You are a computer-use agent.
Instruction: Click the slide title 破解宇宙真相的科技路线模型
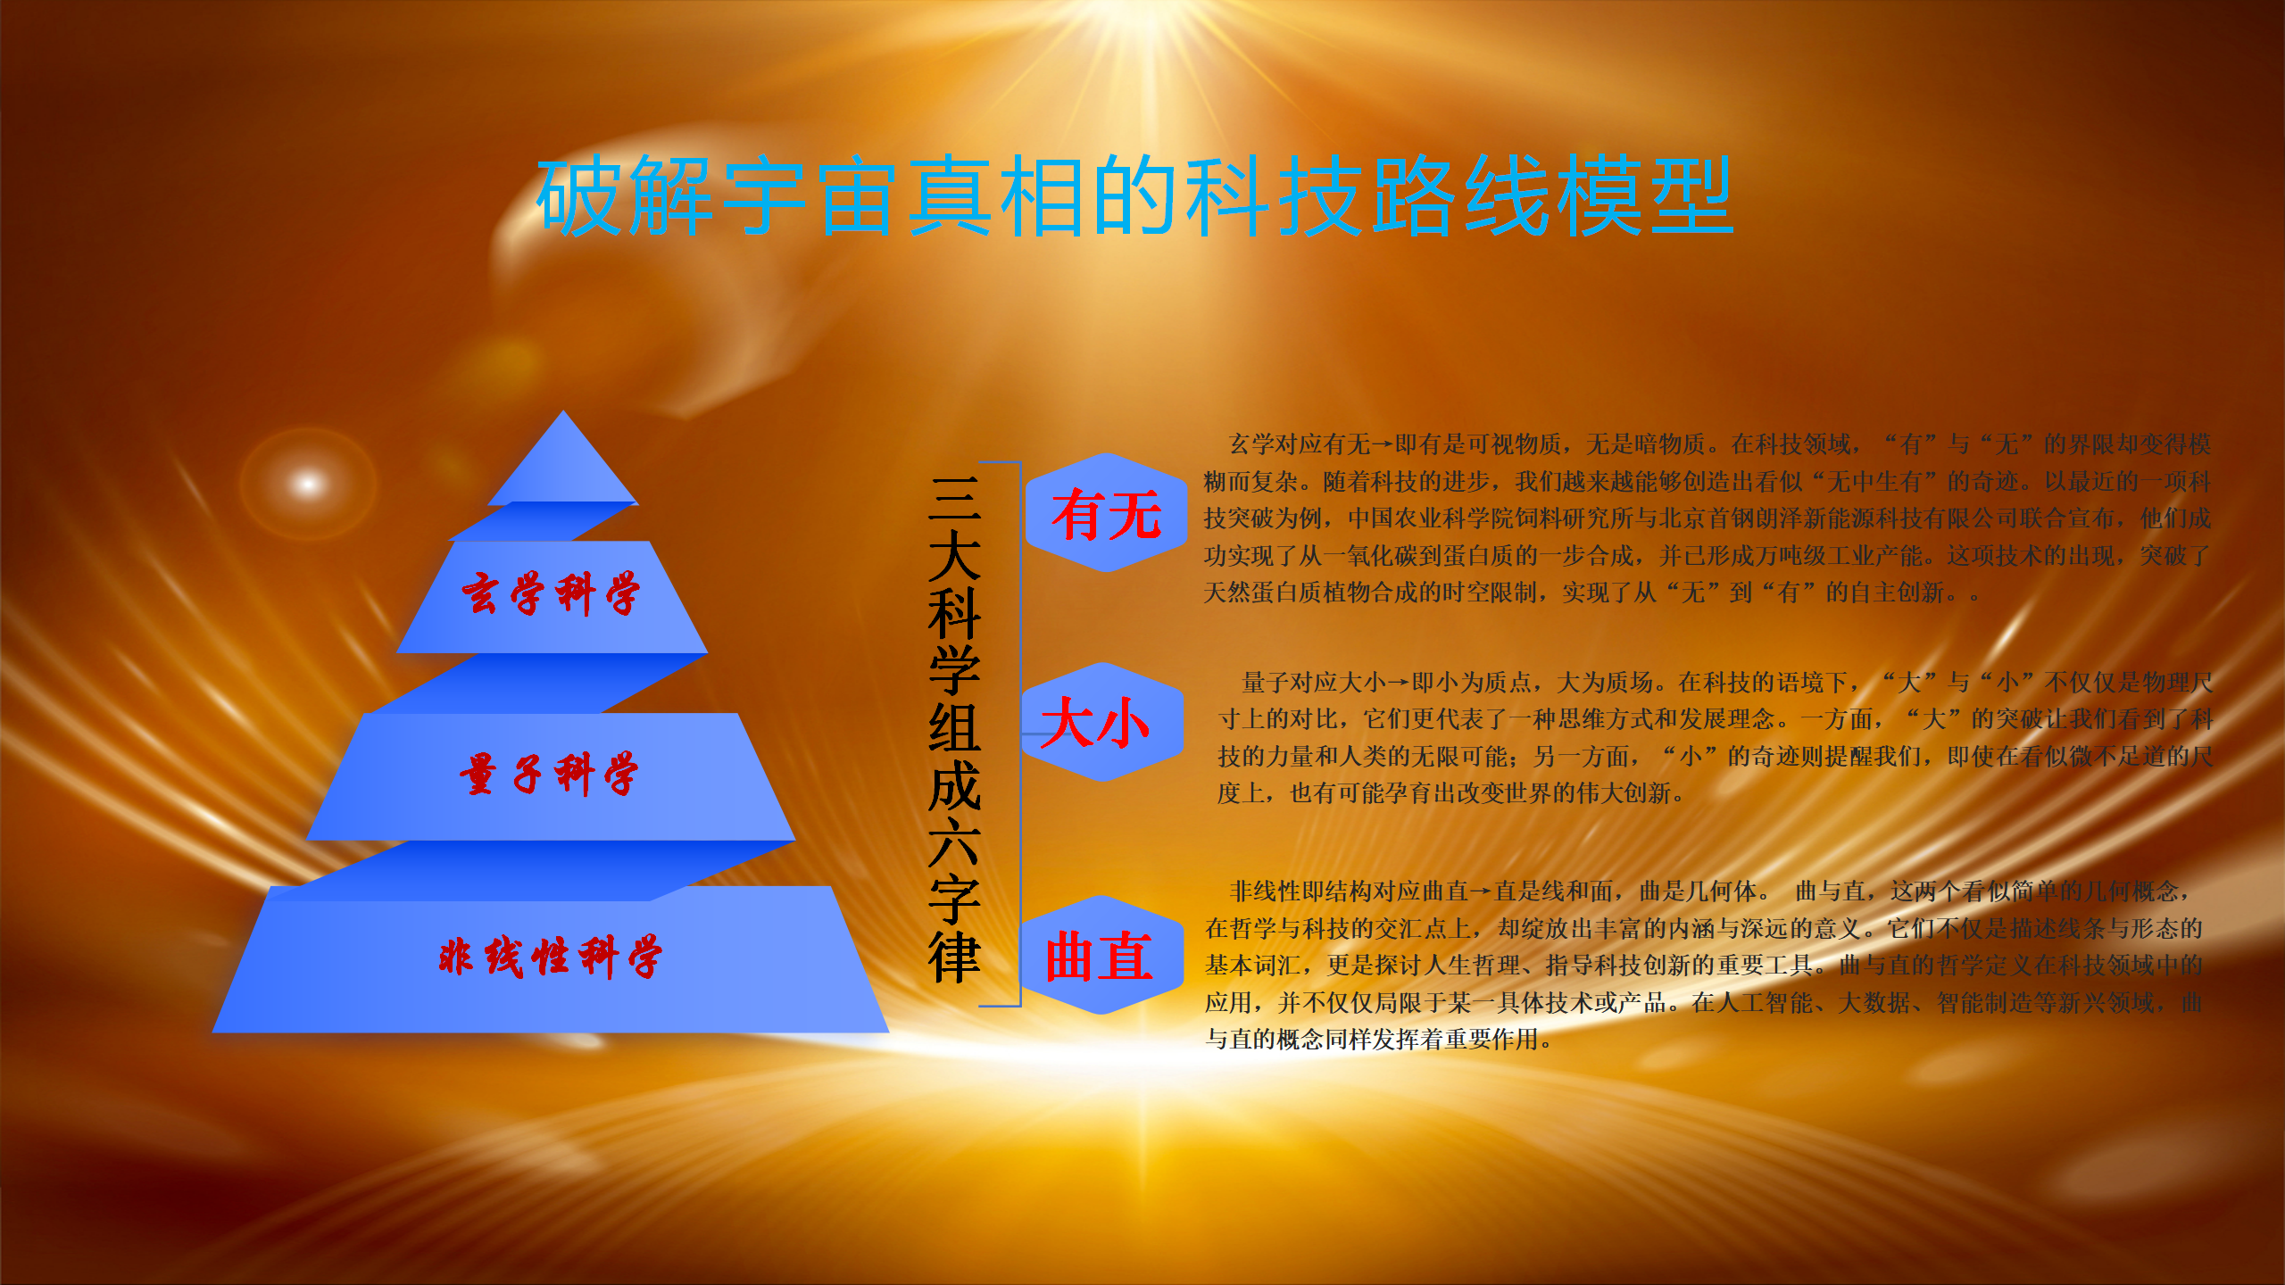click(x=1134, y=195)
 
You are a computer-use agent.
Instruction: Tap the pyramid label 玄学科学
click(x=551, y=593)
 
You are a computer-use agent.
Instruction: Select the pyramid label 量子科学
click(x=549, y=773)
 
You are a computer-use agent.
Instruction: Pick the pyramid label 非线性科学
click(x=550, y=957)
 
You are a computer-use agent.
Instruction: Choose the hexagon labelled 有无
click(x=1106, y=513)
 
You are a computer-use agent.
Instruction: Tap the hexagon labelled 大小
click(x=1101, y=722)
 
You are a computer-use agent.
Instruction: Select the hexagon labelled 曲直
click(x=1101, y=955)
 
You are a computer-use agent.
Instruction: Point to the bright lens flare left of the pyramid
click(x=308, y=484)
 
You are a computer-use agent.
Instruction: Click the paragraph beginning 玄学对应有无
click(x=1707, y=518)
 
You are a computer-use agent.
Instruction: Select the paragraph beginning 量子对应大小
click(x=1715, y=738)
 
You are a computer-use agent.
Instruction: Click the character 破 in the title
click(x=579, y=195)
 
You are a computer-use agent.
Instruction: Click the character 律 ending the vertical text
click(x=954, y=957)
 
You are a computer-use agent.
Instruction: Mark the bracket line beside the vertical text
click(x=1019, y=734)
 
